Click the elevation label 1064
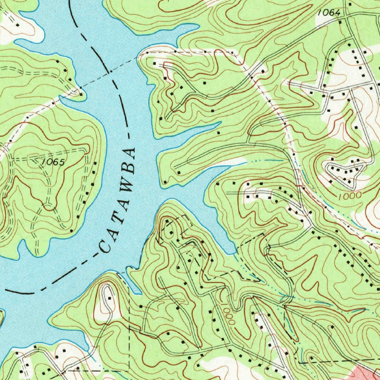pos(329,13)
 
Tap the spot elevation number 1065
pos(53,162)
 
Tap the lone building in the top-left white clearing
pos(17,25)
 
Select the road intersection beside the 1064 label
pos(345,17)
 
